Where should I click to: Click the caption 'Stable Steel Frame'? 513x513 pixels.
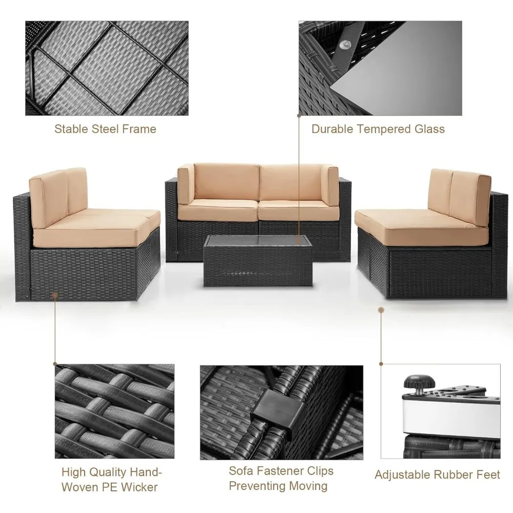105,129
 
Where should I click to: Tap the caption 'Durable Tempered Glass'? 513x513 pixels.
378,129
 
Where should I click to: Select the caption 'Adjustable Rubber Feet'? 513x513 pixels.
437,474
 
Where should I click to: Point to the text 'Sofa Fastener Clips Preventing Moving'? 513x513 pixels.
281,478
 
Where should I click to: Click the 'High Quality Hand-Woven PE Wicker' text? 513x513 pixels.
109,479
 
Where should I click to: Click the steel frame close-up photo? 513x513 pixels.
107,68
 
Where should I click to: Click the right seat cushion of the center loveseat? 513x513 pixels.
295,209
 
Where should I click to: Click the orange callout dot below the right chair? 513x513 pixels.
381,310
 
